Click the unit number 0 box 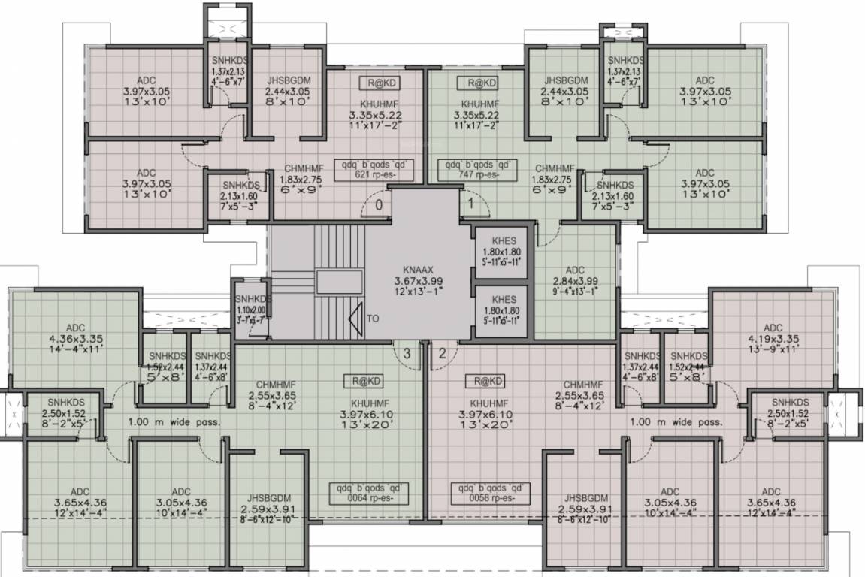(379, 204)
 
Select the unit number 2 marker (443, 354)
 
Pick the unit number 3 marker (406, 354)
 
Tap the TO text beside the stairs (374, 318)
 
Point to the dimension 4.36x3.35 (74, 338)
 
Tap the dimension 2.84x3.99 (575, 281)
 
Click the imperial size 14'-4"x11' (74, 349)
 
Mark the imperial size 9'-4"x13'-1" (575, 292)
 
